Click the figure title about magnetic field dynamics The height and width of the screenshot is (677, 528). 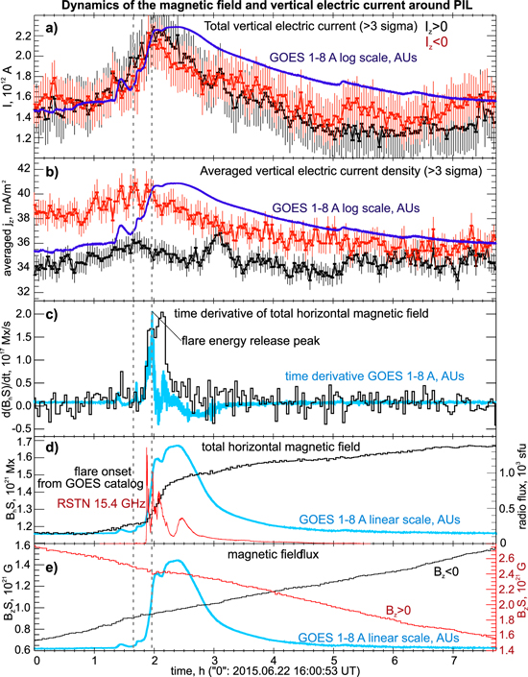point(264,8)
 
